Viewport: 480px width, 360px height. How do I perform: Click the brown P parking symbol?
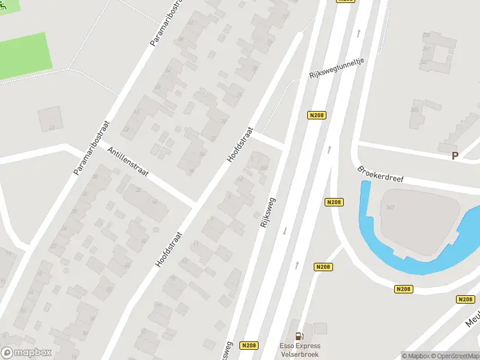click(455, 156)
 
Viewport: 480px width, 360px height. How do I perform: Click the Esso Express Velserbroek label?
click(299, 349)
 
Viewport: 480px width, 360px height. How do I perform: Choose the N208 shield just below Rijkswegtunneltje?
click(317, 115)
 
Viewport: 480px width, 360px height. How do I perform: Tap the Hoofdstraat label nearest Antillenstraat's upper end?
click(240, 145)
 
